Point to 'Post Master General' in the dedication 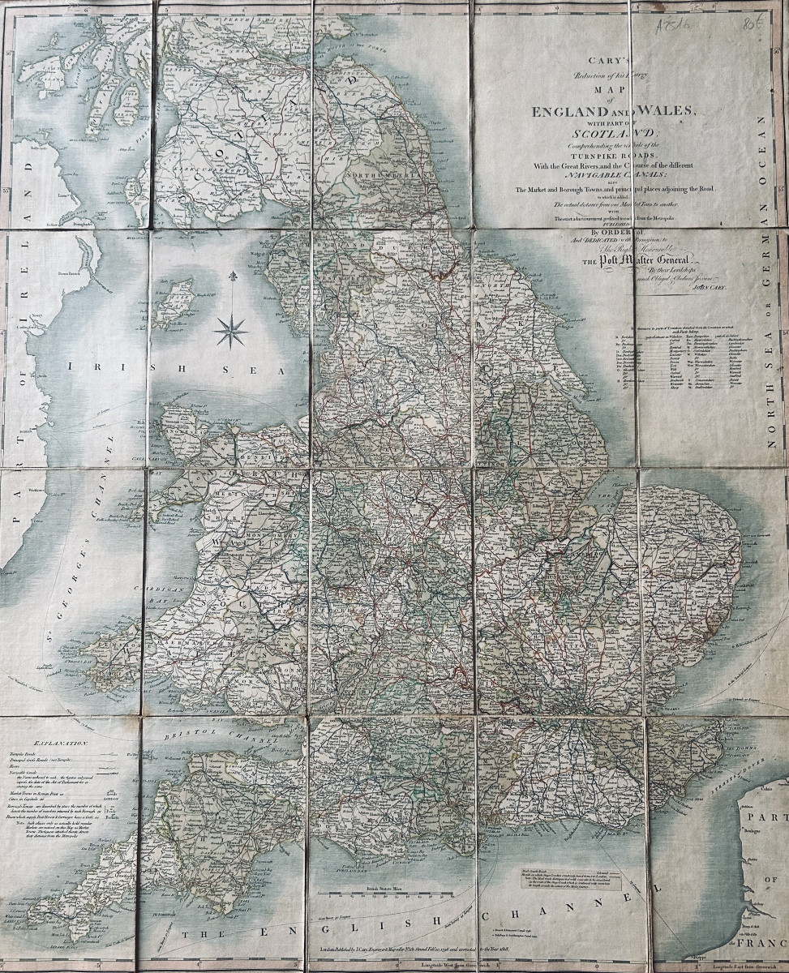(x=618, y=260)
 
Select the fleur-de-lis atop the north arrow (x=233, y=277)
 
